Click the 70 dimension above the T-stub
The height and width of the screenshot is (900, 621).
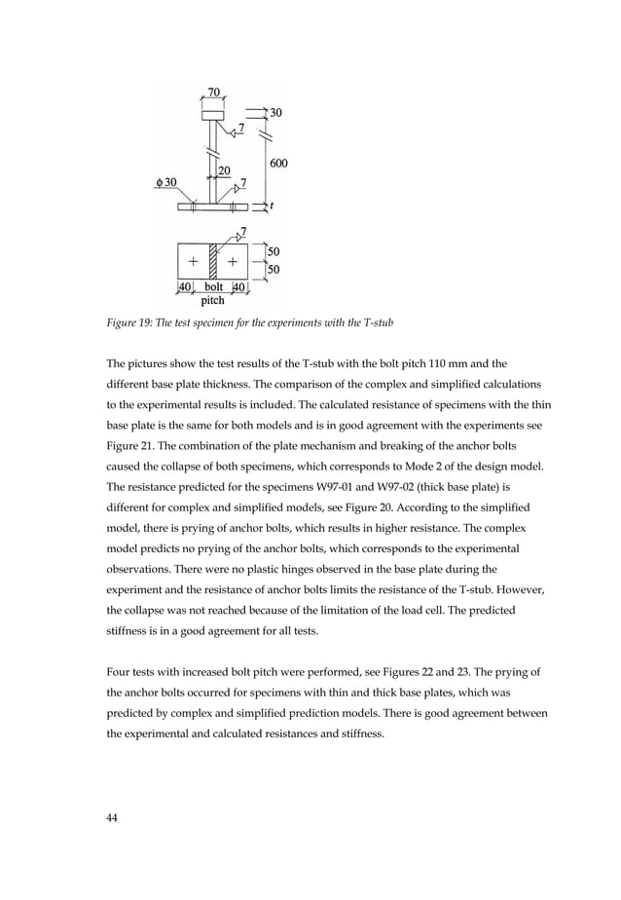[x=213, y=94]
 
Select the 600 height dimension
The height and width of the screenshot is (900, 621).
[x=277, y=163]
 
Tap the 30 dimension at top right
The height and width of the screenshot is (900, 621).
[x=276, y=113]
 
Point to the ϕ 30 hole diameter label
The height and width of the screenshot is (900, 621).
[x=165, y=183]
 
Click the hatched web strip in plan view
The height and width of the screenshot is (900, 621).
[x=213, y=261]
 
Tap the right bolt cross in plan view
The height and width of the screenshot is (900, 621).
[x=233, y=262]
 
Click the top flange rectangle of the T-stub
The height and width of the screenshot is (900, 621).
[x=213, y=115]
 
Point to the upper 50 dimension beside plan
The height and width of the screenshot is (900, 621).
[x=274, y=252]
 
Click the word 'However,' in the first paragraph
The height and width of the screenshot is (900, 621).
[x=523, y=589]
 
